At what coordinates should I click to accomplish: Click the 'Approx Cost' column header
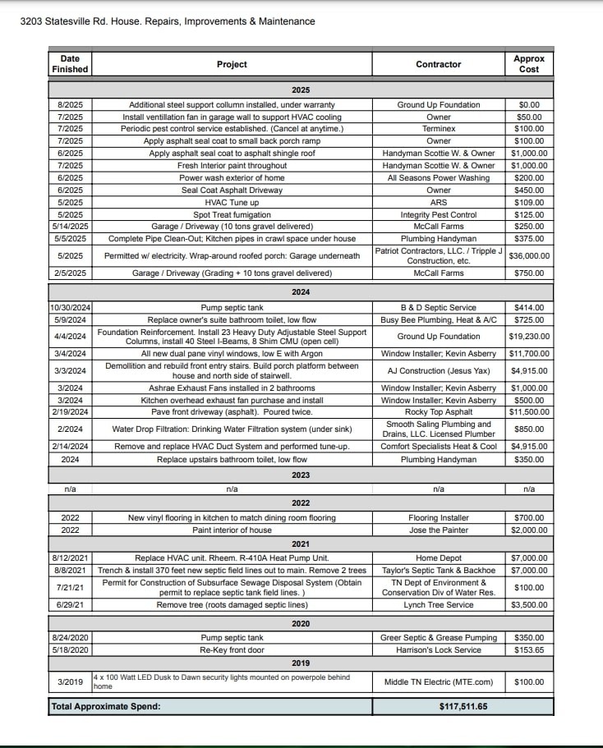point(529,64)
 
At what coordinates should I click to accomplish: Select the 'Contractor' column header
point(439,64)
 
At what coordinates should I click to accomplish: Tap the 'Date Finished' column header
point(70,64)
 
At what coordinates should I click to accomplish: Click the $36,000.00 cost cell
point(529,255)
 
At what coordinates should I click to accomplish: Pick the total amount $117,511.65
point(439,706)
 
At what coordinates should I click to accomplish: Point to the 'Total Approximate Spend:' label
point(106,706)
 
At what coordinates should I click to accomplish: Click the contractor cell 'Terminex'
point(439,129)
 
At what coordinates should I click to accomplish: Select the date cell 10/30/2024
point(70,308)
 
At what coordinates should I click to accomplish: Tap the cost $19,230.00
point(529,337)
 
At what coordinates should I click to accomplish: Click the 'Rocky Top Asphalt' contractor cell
point(439,411)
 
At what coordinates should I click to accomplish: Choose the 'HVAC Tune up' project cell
point(232,202)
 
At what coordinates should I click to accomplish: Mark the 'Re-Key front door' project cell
point(232,649)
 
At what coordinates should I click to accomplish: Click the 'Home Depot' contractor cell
point(439,558)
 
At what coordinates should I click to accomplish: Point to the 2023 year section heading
point(300,475)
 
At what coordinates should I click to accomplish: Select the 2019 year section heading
point(300,663)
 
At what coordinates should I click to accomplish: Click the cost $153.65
point(529,649)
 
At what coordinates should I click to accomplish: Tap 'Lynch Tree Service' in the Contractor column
point(439,604)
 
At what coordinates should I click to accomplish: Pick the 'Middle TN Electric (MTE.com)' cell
point(439,681)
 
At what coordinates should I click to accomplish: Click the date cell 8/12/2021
point(70,558)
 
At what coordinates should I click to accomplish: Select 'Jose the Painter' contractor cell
point(439,530)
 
